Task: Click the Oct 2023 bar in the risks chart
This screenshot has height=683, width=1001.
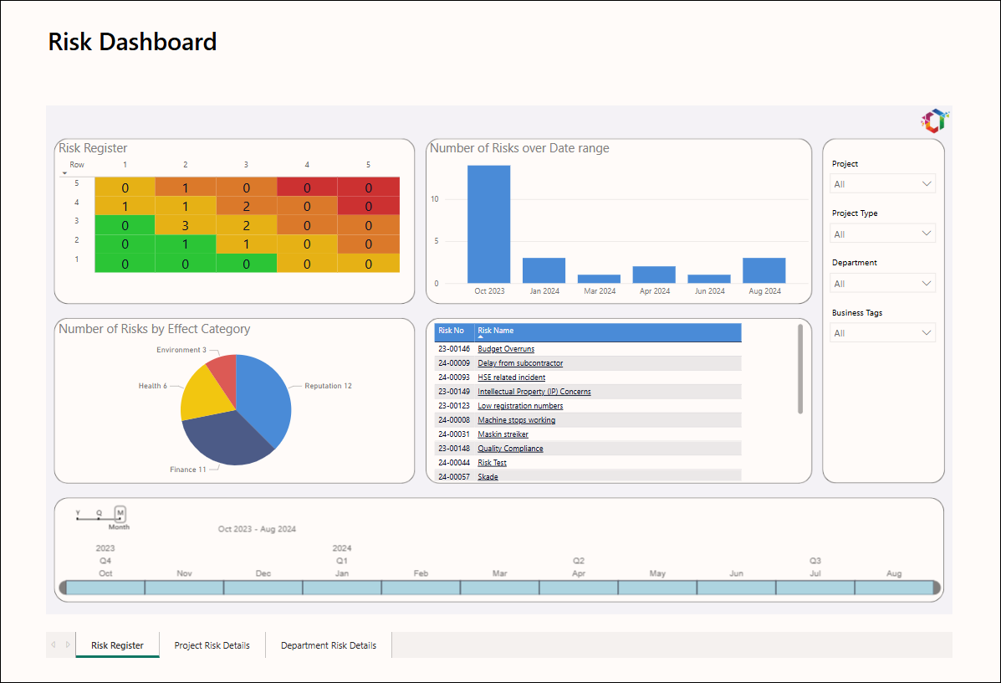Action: click(x=488, y=224)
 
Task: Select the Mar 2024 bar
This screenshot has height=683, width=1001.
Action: click(x=599, y=280)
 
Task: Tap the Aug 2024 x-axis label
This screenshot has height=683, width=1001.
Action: click(x=765, y=290)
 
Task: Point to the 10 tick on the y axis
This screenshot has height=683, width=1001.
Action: click(x=435, y=199)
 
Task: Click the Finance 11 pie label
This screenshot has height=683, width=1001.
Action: click(x=187, y=470)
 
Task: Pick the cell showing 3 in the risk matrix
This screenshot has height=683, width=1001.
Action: click(x=185, y=225)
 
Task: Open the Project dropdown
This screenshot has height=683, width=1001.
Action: click(x=882, y=184)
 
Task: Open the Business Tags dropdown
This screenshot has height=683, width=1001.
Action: click(x=882, y=333)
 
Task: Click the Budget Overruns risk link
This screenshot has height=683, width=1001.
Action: click(x=506, y=349)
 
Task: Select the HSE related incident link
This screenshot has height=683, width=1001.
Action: click(x=511, y=377)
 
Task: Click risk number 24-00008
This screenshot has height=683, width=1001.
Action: click(x=454, y=420)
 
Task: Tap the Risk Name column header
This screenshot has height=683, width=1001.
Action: click(x=495, y=331)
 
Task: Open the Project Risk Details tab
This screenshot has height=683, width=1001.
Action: click(x=212, y=645)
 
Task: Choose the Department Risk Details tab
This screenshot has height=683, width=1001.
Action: click(x=328, y=645)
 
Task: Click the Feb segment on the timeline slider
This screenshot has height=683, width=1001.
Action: click(x=421, y=588)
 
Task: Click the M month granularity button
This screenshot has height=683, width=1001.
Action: click(x=120, y=513)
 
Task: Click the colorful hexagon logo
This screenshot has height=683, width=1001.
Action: click(x=935, y=121)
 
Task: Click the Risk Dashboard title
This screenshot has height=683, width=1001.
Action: click(x=133, y=42)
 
